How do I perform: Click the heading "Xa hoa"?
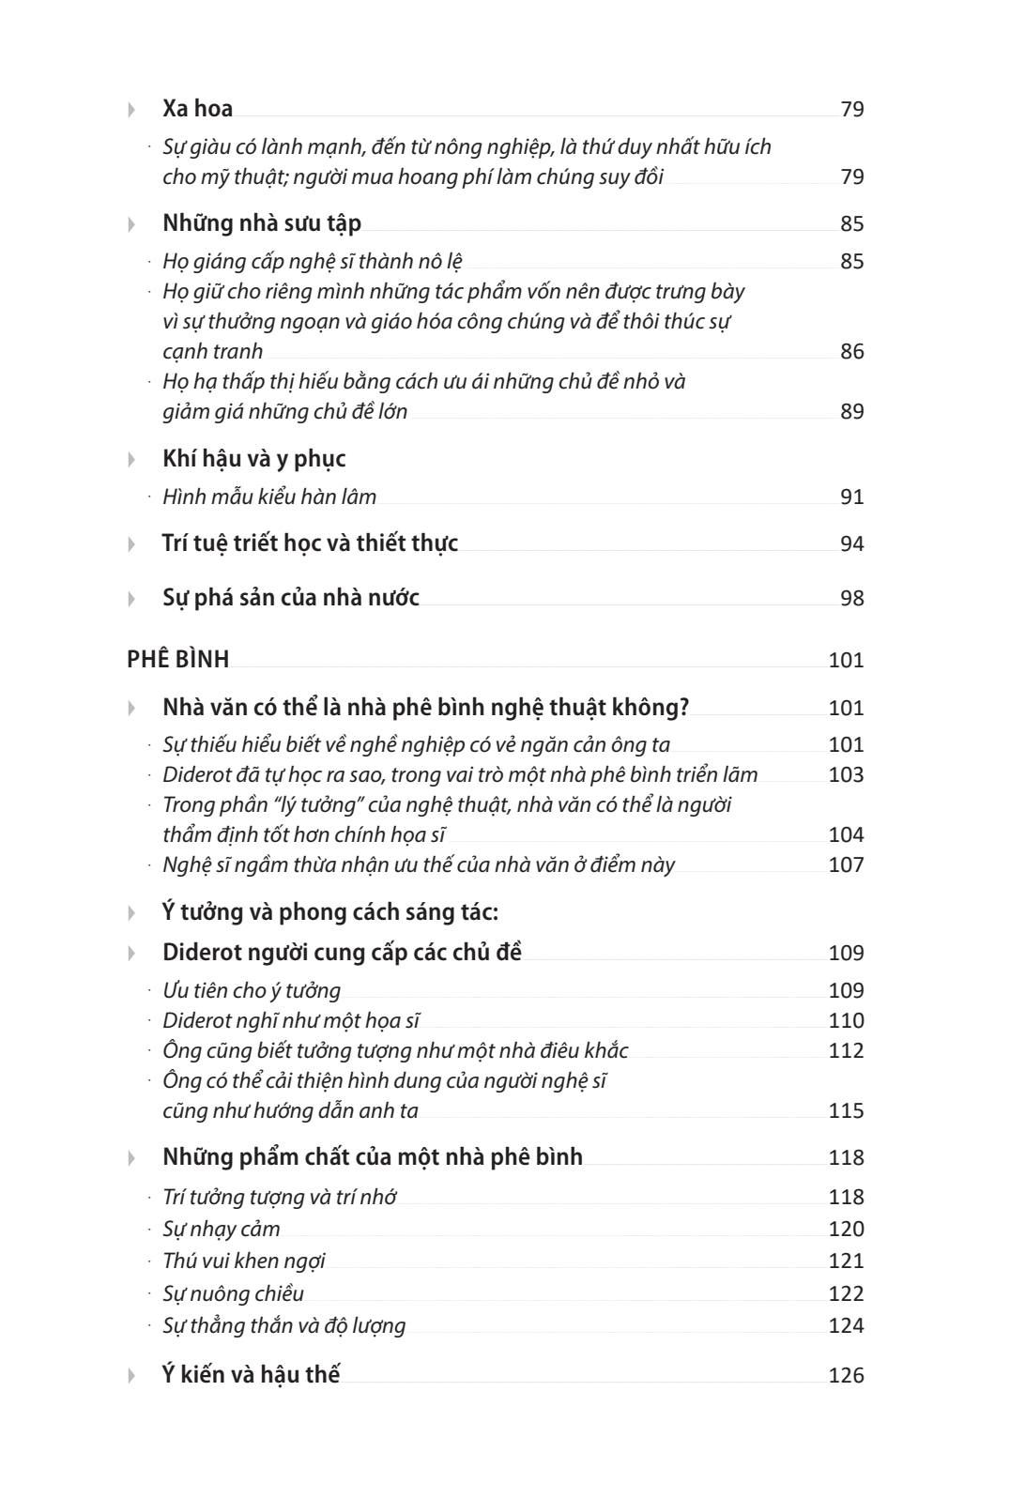pyautogui.click(x=197, y=109)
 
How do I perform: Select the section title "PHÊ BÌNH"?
pyautogui.click(x=177, y=660)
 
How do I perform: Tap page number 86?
pyautogui.click(x=851, y=352)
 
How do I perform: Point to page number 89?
pyautogui.click(x=851, y=412)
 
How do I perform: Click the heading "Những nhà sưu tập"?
pyautogui.click(x=261, y=223)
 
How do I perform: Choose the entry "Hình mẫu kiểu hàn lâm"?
pyautogui.click(x=269, y=497)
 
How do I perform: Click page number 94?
pyautogui.click(x=851, y=544)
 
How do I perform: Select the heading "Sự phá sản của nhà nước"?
pyautogui.click(x=290, y=598)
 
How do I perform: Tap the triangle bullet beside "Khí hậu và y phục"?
pyautogui.click(x=131, y=460)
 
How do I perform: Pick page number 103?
pyautogui.click(x=846, y=775)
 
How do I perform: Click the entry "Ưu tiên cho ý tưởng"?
pyautogui.click(x=252, y=990)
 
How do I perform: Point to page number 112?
pyautogui.click(x=846, y=1051)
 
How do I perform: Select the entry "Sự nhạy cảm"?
pyautogui.click(x=222, y=1229)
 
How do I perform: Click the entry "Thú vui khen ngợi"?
pyautogui.click(x=244, y=1261)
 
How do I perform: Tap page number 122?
pyautogui.click(x=846, y=1294)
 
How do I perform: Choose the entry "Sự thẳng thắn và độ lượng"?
pyautogui.click(x=283, y=1325)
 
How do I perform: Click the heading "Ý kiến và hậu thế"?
pyautogui.click(x=251, y=1375)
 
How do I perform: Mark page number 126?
pyautogui.click(x=846, y=1376)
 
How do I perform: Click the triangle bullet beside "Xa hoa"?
pyautogui.click(x=131, y=110)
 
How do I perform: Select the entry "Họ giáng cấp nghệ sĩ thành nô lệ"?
pyautogui.click(x=312, y=261)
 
